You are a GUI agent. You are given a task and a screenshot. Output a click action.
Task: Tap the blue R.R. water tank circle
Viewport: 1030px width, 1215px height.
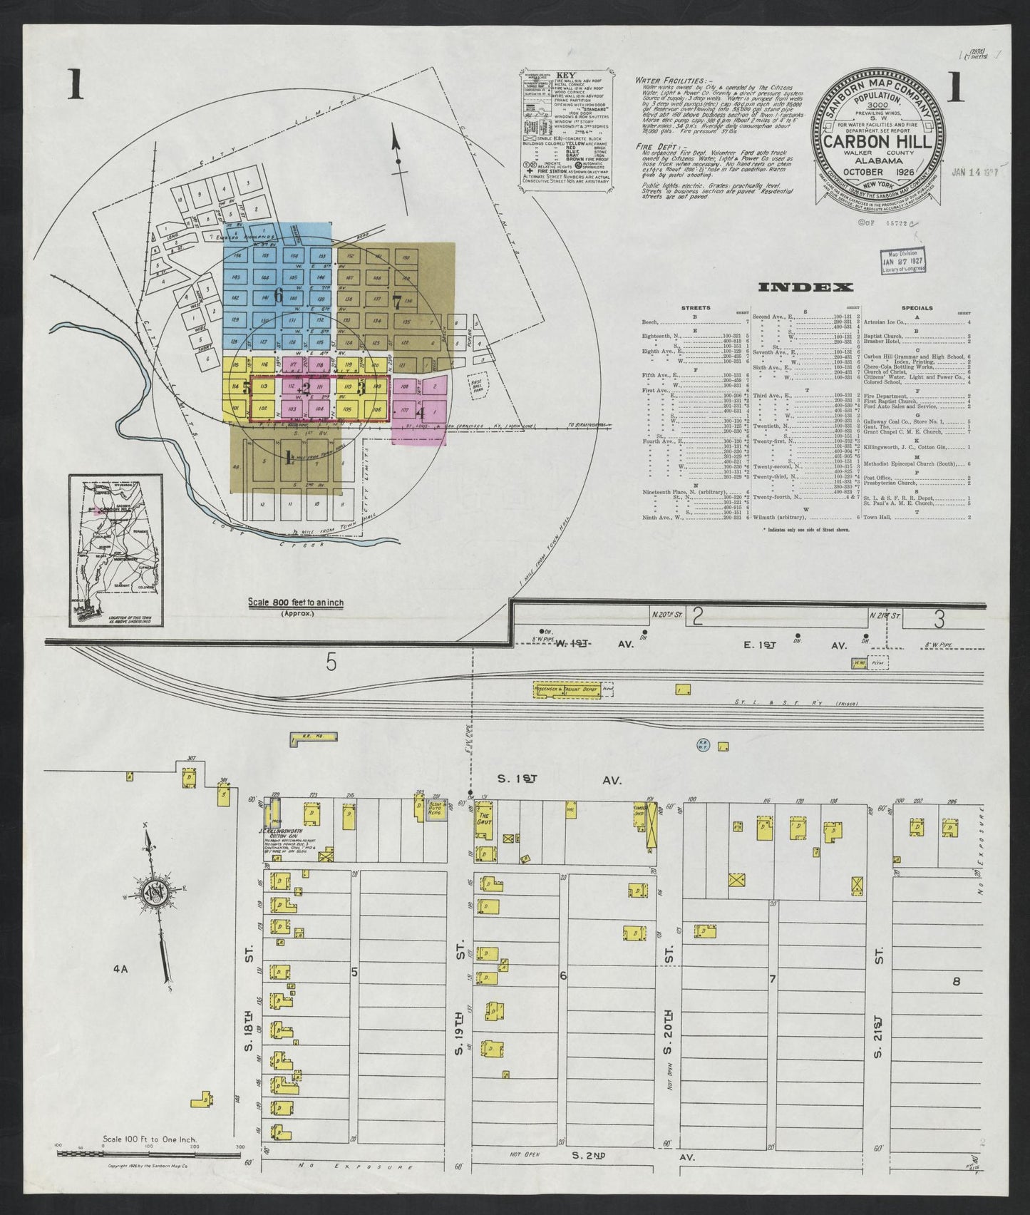point(702,745)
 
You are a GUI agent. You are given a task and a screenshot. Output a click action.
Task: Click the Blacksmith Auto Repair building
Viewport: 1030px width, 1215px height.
point(436,809)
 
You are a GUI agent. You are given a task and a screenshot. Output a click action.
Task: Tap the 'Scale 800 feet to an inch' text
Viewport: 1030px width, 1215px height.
point(295,603)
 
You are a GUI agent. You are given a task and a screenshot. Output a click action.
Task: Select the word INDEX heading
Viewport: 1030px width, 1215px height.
point(805,288)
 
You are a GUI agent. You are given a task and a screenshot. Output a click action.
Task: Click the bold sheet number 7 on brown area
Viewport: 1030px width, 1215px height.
point(397,300)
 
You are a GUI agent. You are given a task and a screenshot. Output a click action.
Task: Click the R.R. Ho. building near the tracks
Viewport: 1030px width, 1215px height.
point(302,739)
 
